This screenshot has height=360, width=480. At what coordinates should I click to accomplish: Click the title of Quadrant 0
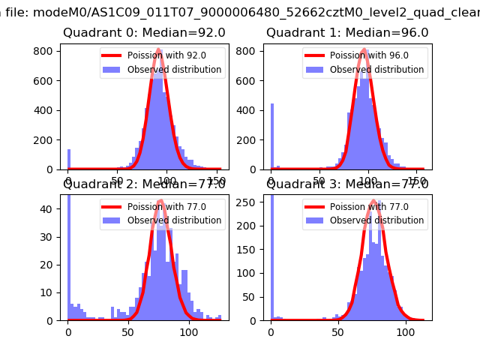[x=144, y=33]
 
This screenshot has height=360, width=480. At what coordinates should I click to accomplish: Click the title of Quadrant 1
[x=347, y=33]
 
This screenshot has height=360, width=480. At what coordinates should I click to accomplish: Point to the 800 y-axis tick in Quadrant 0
[x=46, y=50]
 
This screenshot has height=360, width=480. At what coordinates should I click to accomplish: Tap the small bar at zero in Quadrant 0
[x=68, y=160]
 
